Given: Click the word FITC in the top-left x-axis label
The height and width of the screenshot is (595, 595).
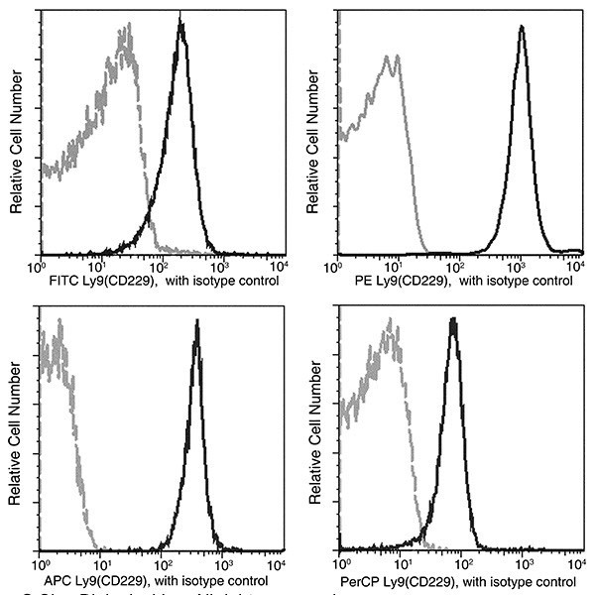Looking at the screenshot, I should coord(61,281).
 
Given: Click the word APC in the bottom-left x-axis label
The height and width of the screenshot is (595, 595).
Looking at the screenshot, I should coord(63,580).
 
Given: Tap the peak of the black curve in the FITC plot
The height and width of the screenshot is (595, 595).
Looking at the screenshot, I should coord(180,22).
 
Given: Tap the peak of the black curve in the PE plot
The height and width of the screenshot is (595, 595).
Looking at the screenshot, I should coord(522,28).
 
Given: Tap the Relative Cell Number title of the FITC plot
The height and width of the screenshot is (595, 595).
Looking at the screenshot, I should coord(16,138).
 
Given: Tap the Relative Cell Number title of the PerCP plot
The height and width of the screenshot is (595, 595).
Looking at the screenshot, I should coord(313,437).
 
